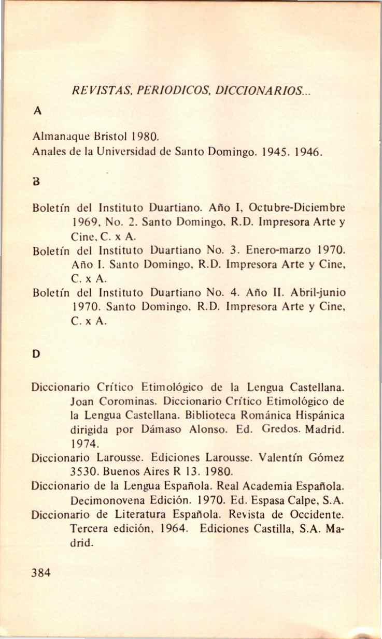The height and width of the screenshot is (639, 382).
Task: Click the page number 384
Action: (41, 572)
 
